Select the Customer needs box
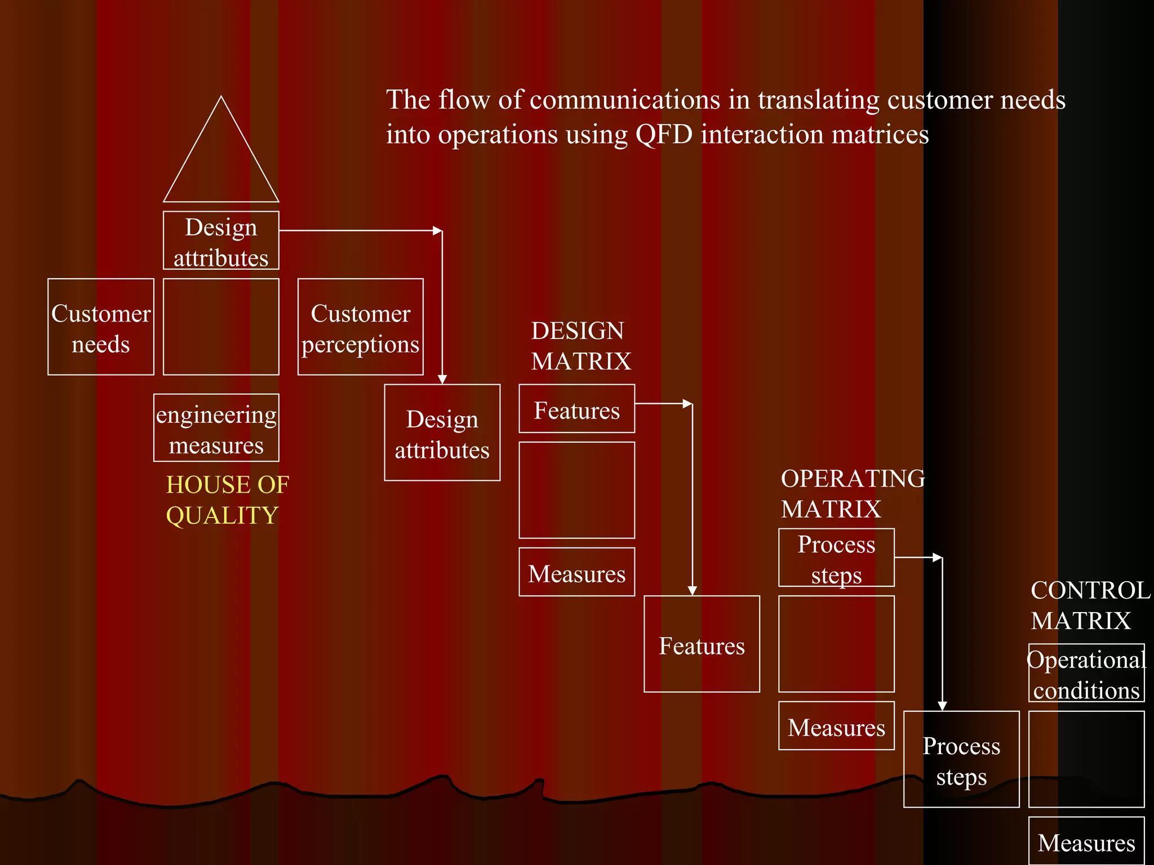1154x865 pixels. point(101,327)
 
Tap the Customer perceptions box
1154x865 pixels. point(361,327)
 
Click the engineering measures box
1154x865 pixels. point(216,428)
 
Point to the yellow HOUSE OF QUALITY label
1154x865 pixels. point(227,500)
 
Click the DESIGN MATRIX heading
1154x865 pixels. point(580,346)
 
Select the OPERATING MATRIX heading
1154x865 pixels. point(852,494)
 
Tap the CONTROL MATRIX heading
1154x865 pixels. point(1090,606)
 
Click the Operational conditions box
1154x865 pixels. point(1086,674)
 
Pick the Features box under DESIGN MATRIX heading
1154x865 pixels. point(577,409)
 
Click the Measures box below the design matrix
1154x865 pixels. point(577,572)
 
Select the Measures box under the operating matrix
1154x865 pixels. point(836,726)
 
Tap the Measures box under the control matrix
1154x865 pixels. point(1086,841)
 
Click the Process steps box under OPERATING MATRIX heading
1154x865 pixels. point(836,558)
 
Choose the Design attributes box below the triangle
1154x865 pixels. point(221,241)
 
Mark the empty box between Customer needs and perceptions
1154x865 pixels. point(221,327)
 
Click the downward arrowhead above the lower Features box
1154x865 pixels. point(693,590)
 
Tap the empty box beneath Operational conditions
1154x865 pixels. point(1086,759)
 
